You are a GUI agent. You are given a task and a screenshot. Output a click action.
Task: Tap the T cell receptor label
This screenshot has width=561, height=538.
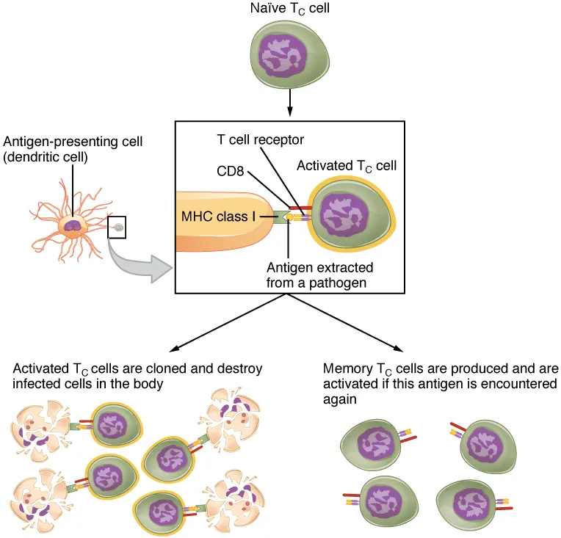[260, 139]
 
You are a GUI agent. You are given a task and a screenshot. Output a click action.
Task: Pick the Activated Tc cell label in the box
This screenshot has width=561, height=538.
[346, 166]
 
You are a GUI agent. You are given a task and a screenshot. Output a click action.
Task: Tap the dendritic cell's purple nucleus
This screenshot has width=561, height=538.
[73, 226]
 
